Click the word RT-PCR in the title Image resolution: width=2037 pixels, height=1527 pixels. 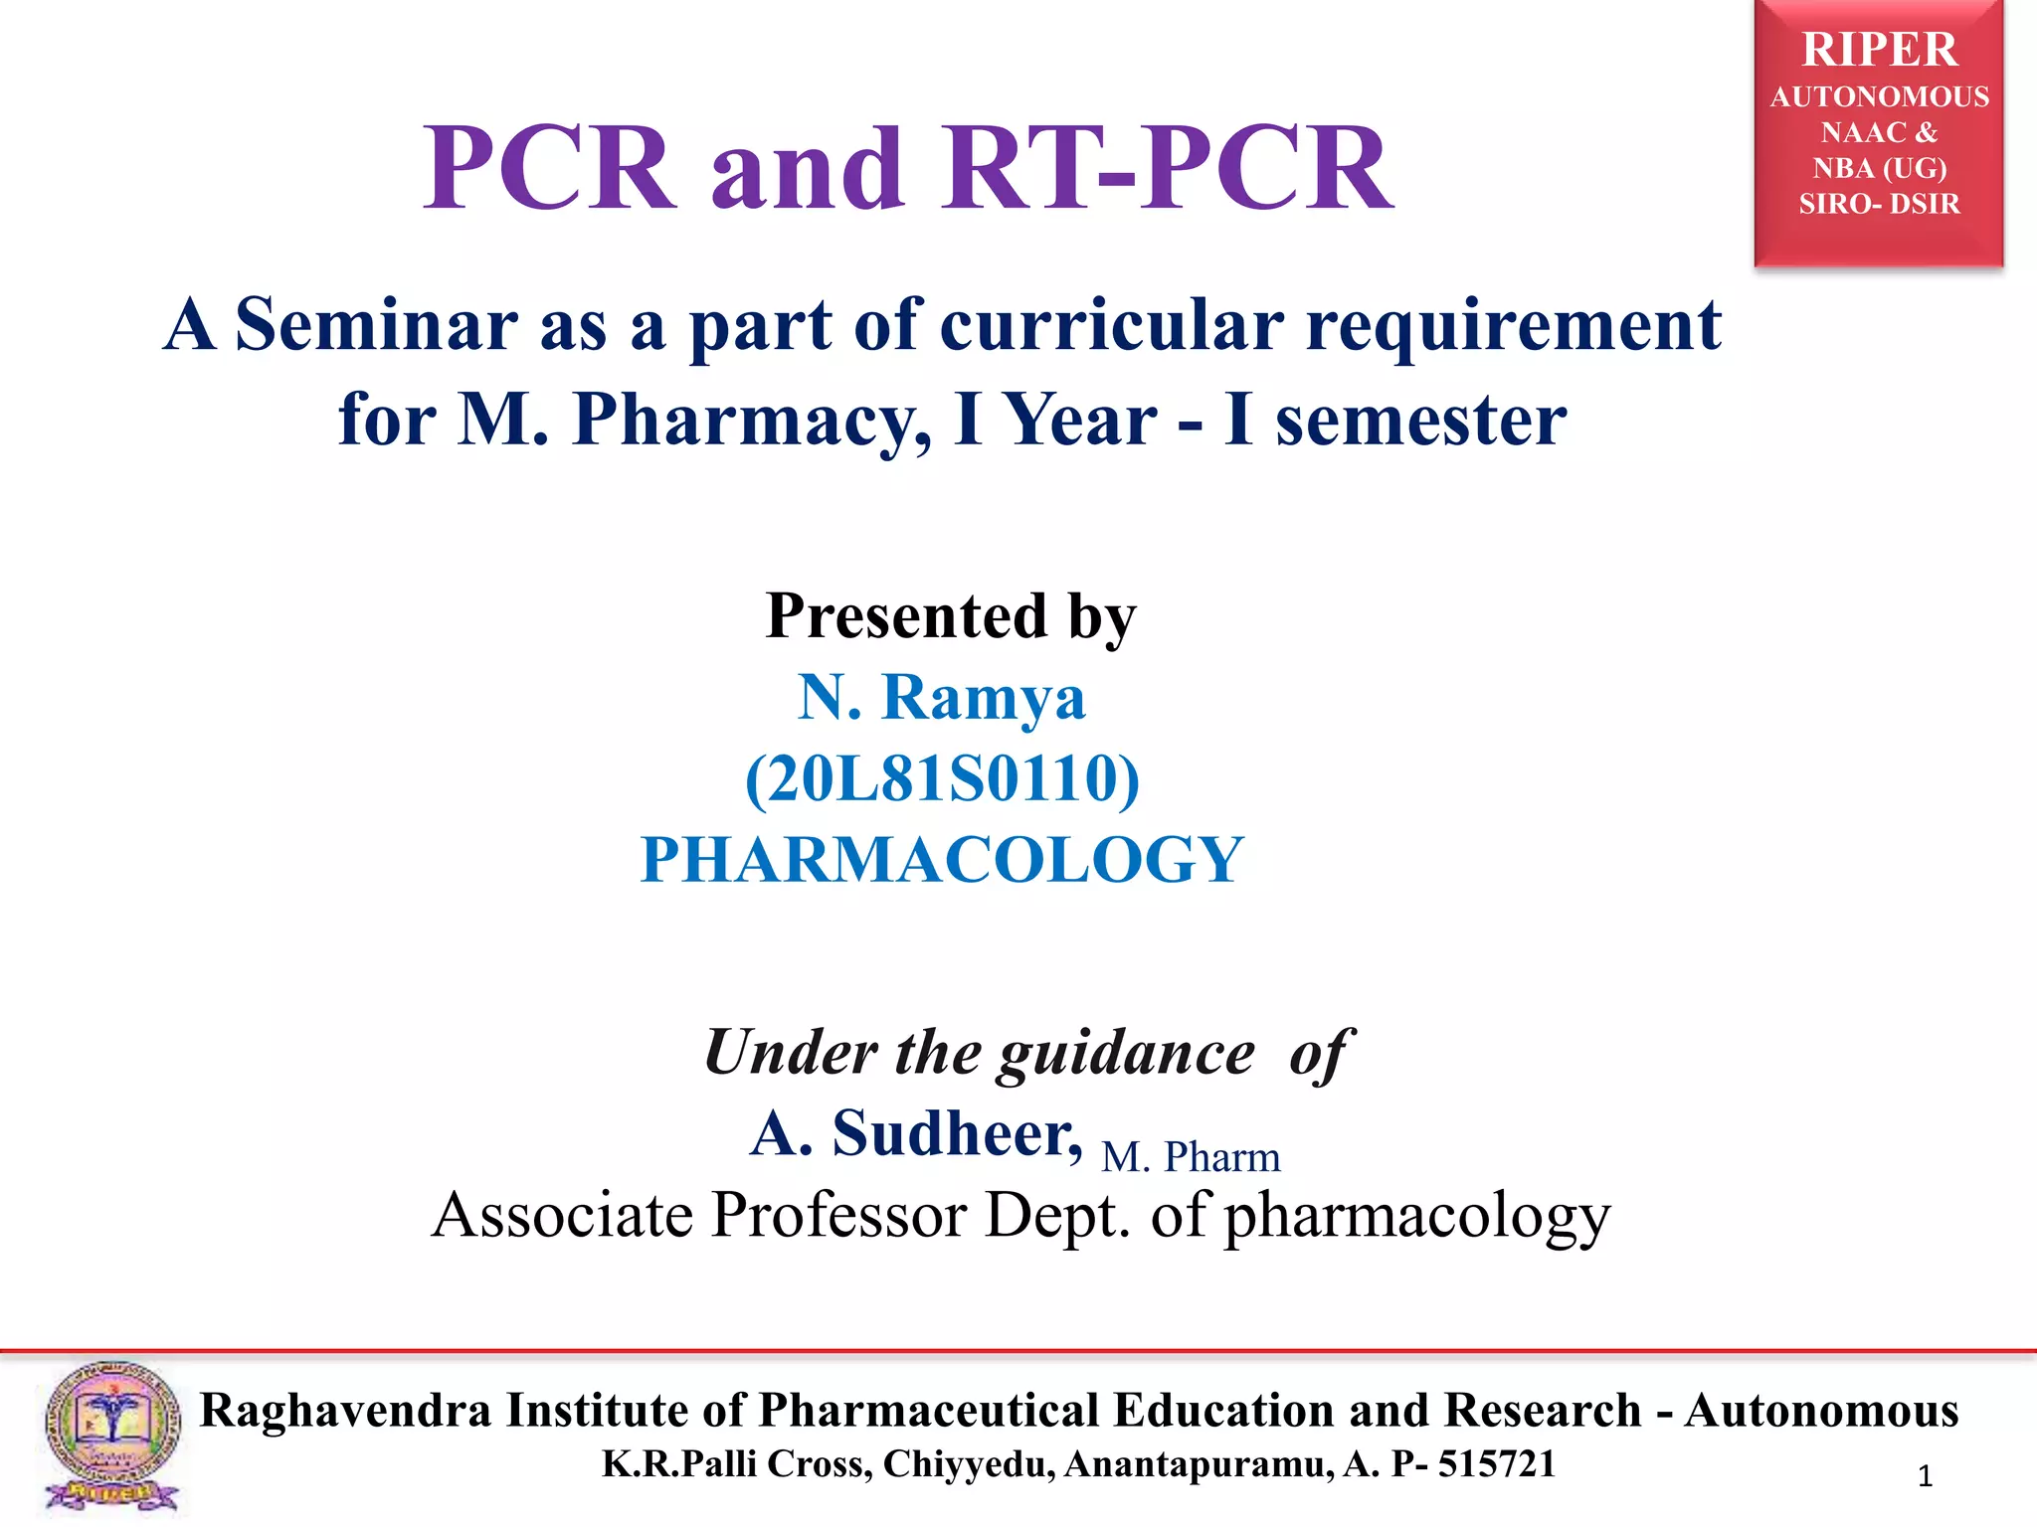click(1170, 169)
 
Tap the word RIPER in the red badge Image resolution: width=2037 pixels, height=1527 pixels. click(1879, 50)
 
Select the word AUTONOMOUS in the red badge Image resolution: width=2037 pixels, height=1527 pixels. click(1879, 97)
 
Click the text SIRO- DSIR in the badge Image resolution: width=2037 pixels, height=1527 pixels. click(1879, 204)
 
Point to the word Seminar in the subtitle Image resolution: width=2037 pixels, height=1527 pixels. click(376, 325)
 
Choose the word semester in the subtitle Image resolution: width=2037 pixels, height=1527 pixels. click(1421, 420)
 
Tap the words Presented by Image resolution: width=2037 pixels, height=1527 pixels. click(951, 616)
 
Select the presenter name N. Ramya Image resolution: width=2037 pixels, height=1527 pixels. click(941, 697)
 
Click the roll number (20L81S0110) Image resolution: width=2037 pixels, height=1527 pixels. click(942, 778)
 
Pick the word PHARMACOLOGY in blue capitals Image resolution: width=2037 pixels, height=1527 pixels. click(942, 859)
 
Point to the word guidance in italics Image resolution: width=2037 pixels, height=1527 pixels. click(1127, 1054)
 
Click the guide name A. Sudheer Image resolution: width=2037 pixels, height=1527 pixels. click(916, 1133)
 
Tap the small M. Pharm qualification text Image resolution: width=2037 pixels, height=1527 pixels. click(1191, 1157)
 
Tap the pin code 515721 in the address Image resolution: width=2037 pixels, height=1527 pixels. click(1497, 1463)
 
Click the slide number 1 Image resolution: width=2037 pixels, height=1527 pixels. click(1925, 1476)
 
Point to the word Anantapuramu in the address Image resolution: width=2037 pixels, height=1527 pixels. click(1199, 1463)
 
